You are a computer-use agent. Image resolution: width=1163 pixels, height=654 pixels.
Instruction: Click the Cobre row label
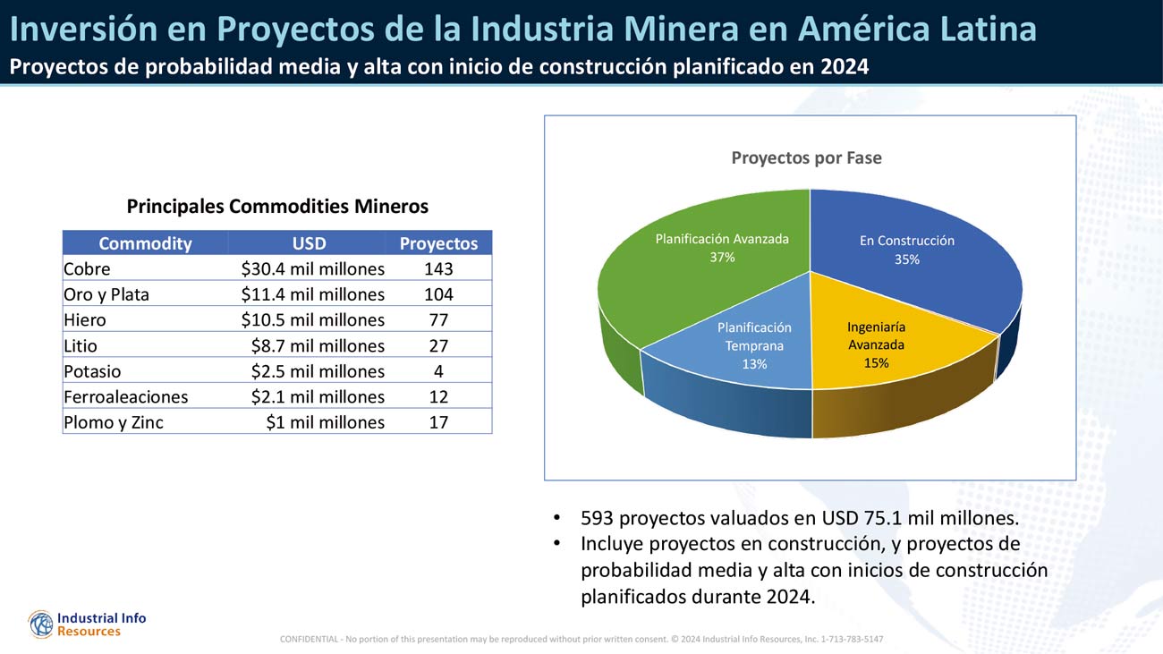(x=87, y=268)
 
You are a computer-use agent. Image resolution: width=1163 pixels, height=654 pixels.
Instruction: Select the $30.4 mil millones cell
(x=312, y=268)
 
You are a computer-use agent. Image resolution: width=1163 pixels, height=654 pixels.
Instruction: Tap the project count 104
(x=438, y=294)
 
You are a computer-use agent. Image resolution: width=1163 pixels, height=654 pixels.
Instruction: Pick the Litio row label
(x=81, y=345)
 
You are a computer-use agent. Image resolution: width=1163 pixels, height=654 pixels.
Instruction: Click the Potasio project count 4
(x=438, y=371)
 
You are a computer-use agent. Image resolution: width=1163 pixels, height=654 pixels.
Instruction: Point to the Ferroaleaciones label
(x=125, y=396)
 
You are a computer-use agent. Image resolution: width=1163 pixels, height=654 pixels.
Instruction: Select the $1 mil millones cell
(x=325, y=422)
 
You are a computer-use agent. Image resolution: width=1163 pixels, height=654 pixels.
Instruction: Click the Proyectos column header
(x=438, y=243)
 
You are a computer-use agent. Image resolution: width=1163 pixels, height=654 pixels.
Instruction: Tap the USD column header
(x=309, y=243)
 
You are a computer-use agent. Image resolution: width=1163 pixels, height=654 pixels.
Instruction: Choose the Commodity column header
(x=145, y=243)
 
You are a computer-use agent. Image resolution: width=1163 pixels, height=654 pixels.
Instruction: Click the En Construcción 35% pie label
(x=906, y=250)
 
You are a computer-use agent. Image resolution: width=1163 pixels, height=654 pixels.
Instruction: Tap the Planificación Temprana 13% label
(x=754, y=345)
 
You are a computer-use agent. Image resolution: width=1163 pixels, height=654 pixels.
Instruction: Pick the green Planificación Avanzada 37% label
(x=722, y=248)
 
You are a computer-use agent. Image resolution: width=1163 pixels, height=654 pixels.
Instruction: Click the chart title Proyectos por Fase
(x=806, y=158)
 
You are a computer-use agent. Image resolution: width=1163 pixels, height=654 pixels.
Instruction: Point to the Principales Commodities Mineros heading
(x=277, y=207)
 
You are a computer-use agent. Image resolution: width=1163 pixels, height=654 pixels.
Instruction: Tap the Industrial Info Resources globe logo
(x=41, y=624)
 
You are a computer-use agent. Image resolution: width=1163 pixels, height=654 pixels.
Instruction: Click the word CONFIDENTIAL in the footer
(x=309, y=639)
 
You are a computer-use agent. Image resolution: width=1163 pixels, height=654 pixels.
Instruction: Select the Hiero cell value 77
(x=438, y=319)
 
